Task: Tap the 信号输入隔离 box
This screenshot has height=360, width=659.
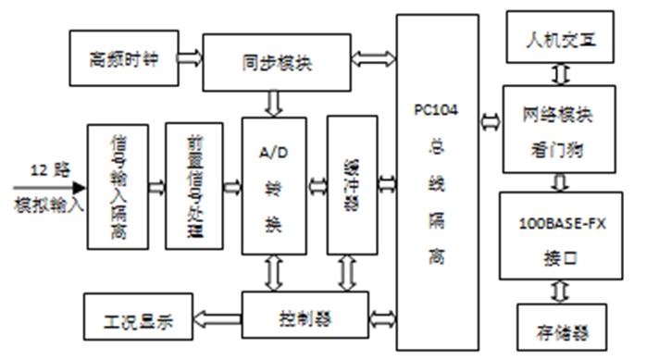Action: [118, 186]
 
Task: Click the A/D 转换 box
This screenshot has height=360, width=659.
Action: [273, 185]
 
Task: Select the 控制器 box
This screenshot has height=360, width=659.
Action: [305, 318]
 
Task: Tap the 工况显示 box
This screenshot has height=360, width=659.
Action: [137, 318]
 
